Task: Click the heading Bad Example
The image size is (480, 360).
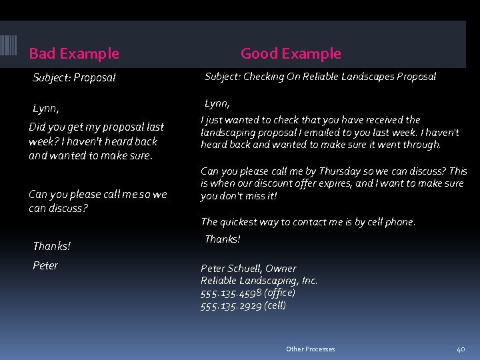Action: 74,53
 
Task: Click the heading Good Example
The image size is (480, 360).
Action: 291,53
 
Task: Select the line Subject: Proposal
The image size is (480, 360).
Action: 74,77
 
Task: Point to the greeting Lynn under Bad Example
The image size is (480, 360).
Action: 45,108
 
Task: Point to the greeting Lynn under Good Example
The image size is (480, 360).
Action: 217,103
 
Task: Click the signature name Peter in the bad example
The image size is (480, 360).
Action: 45,265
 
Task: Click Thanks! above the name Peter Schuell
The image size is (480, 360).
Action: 222,239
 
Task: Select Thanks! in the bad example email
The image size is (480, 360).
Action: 51,246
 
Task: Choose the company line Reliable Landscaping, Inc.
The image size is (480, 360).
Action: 259,281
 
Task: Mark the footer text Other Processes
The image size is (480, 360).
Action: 310,349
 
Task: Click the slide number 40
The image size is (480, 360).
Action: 460,349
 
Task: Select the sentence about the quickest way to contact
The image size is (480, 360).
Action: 307,222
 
